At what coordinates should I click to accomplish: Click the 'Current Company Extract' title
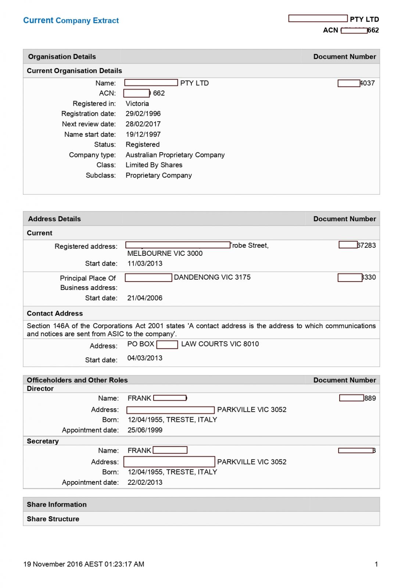click(71, 21)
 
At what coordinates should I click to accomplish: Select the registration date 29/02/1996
click(143, 114)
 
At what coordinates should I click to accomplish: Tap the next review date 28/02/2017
click(143, 124)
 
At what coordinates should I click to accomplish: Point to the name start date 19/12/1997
click(143, 134)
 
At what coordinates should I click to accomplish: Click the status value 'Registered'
click(143, 144)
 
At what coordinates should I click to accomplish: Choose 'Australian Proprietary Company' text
click(175, 155)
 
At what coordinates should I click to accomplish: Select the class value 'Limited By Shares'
click(154, 165)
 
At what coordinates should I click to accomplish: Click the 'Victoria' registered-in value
click(137, 104)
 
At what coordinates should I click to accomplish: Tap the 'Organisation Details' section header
click(62, 57)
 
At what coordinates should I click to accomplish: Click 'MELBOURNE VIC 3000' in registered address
click(165, 253)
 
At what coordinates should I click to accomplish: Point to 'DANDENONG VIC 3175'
click(212, 277)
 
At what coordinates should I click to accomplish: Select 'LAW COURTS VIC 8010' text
click(220, 344)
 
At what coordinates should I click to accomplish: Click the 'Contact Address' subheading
click(55, 313)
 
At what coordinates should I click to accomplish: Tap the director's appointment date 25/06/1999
click(145, 430)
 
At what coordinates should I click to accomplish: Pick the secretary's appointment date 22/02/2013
click(145, 482)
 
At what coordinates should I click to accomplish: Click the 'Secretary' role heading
click(43, 441)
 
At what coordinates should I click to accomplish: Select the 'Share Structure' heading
click(53, 519)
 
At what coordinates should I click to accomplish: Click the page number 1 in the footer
click(376, 564)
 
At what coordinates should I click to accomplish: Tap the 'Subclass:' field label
click(101, 175)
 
